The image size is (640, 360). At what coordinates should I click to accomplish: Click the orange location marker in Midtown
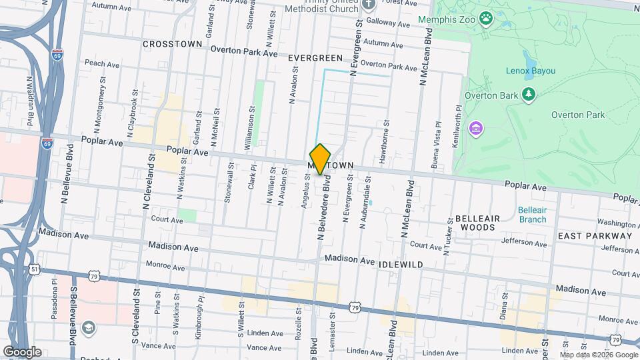click(x=321, y=159)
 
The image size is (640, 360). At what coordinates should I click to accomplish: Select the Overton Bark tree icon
click(x=529, y=95)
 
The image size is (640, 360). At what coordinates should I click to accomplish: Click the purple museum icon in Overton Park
click(x=475, y=127)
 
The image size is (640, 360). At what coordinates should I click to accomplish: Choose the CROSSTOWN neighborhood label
click(x=172, y=44)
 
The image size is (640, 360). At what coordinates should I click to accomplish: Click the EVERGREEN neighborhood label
click(x=315, y=58)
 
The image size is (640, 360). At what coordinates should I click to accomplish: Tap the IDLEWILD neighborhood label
click(x=401, y=265)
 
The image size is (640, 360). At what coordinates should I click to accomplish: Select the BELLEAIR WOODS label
click(x=475, y=223)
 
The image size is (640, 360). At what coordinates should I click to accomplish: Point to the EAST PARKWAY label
click(x=595, y=236)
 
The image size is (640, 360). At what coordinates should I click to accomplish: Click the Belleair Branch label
click(x=532, y=214)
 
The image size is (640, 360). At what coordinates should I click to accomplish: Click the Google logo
click(x=22, y=351)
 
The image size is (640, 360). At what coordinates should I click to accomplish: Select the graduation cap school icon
click(x=89, y=327)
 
